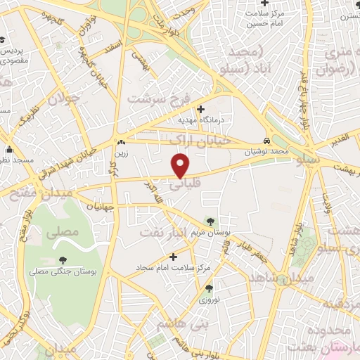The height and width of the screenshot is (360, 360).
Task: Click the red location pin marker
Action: click(181, 165)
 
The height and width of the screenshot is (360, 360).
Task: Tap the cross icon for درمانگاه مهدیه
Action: click(200, 109)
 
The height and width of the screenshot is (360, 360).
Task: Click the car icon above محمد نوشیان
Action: click(266, 141)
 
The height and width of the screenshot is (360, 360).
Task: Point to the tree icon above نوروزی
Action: click(208, 288)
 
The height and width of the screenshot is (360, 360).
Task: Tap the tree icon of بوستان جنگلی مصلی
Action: click(64, 260)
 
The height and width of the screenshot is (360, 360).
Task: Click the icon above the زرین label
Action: click(122, 141)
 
